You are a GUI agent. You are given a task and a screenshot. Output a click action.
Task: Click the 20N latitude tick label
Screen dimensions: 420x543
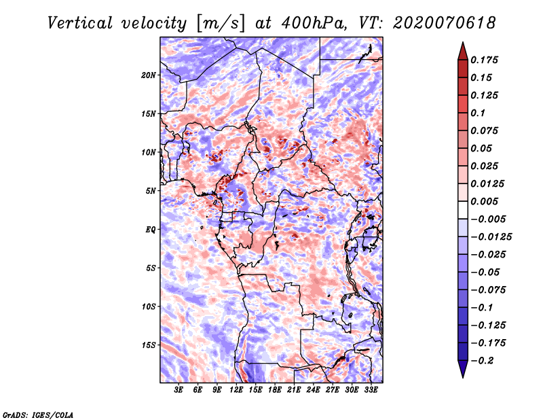click(149, 75)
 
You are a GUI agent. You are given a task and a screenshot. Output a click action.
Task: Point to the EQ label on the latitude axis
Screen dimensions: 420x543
click(151, 229)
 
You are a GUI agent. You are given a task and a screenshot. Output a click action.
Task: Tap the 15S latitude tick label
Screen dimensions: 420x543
click(149, 345)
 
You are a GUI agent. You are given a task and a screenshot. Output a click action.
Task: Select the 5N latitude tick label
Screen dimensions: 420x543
click(151, 191)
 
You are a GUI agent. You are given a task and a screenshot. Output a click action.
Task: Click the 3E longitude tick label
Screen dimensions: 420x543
click(179, 391)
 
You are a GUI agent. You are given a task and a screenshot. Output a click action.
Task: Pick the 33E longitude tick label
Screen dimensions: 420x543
click(371, 391)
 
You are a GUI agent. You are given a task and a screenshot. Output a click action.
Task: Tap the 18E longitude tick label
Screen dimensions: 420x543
click(275, 391)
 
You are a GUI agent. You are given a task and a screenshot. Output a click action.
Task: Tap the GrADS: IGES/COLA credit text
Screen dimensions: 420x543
click(37, 414)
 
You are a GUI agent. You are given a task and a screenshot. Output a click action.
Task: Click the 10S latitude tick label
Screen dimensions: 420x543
click(149, 307)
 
